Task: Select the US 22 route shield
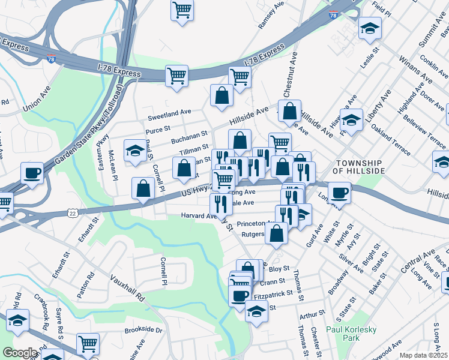pos(72,213)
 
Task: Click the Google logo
pos(19,353)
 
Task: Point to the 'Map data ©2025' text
pos(423,355)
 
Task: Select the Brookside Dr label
pos(143,330)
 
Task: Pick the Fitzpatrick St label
pos(273,293)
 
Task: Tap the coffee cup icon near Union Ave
pos(32,173)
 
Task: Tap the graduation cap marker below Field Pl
pos(370,28)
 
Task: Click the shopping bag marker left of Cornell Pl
pos(143,189)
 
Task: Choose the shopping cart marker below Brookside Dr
pos(88,344)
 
